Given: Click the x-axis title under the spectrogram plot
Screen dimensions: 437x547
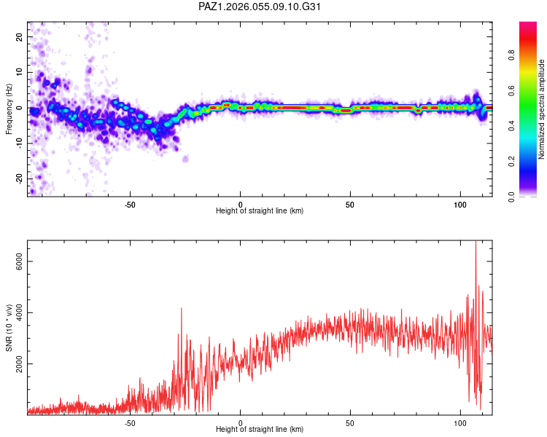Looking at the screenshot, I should [x=260, y=211].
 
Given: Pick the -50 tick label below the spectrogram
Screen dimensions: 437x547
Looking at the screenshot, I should [x=130, y=203].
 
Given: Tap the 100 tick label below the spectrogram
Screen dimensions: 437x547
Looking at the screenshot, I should [x=461, y=203].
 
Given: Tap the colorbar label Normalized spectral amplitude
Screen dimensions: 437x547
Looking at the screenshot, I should [x=542, y=109].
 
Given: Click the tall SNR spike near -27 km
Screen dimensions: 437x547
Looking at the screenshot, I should [x=182, y=309].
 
